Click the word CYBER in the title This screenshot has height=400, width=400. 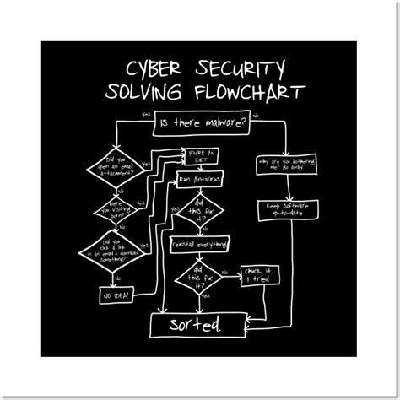154,68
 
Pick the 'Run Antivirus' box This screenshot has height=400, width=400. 200,180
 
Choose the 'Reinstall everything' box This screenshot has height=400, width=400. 200,244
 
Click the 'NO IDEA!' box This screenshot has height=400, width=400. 117,296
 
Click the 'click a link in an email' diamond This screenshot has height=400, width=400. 117,251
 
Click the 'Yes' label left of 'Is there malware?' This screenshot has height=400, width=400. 147,113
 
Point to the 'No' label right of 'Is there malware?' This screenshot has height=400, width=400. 256,114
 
